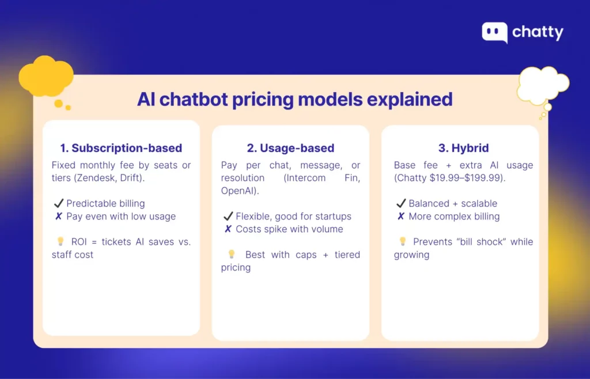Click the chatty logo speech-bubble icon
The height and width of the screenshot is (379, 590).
click(x=494, y=33)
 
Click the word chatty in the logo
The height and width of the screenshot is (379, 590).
click(x=538, y=32)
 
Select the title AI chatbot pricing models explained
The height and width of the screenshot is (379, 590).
click(x=294, y=99)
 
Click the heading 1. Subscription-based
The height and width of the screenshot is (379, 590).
click(x=121, y=147)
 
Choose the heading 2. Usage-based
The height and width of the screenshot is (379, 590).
click(x=290, y=148)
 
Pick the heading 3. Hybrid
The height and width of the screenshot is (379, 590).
click(x=460, y=148)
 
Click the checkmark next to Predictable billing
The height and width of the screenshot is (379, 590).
click(x=58, y=203)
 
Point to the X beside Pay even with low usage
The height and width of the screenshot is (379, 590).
click(x=58, y=217)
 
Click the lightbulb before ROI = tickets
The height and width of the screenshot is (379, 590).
click(x=60, y=241)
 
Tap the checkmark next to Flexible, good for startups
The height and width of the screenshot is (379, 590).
click(x=228, y=217)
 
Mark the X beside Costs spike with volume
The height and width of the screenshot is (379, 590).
click(x=228, y=229)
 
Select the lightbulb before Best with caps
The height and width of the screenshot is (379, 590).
click(x=231, y=254)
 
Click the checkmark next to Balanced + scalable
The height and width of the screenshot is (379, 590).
click(x=401, y=203)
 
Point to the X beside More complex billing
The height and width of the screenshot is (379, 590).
click(x=401, y=217)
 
